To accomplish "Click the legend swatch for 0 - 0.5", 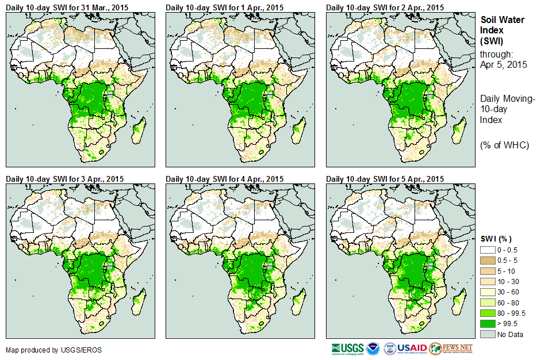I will pyautogui.click(x=487, y=250).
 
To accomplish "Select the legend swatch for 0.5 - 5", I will pyautogui.click(x=487, y=261).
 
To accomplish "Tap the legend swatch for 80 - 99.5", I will pyautogui.click(x=487, y=313).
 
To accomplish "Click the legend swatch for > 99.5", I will pyautogui.click(x=487, y=324).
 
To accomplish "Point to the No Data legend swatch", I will pyautogui.click(x=487, y=334).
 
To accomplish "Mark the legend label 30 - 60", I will pyautogui.click(x=509, y=292).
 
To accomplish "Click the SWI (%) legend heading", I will pyautogui.click(x=496, y=239).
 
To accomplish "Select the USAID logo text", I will pyautogui.click(x=413, y=348).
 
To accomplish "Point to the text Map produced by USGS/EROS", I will pyautogui.click(x=46, y=350).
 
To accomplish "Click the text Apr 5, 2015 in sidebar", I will pyautogui.click(x=503, y=64).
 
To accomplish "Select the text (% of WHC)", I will pyautogui.click(x=504, y=145).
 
